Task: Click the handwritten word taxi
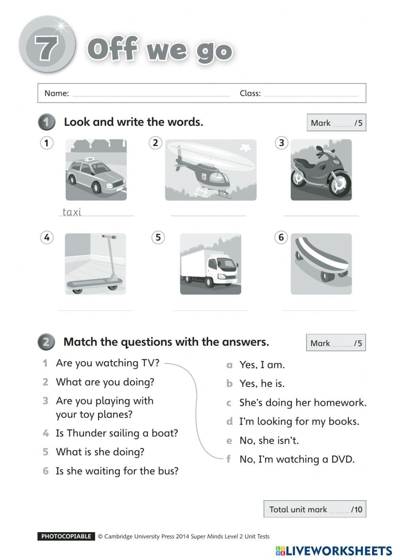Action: tap(72, 212)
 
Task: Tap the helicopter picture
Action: tap(210, 170)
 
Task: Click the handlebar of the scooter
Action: tap(109, 237)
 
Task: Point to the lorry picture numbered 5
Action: tap(210, 264)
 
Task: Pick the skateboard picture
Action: tap(321, 263)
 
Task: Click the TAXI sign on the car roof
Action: tap(90, 159)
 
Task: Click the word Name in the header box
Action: tap(56, 93)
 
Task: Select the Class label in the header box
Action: tap(250, 93)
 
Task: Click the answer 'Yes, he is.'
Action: tap(261, 383)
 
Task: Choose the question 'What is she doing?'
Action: tap(100, 452)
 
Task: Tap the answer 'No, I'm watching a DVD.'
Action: tap(297, 459)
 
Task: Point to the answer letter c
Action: tap(229, 403)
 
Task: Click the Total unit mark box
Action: tap(314, 509)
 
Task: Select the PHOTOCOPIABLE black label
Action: tap(66, 536)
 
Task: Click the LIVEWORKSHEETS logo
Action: tap(334, 551)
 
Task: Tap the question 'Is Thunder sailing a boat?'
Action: tap(117, 433)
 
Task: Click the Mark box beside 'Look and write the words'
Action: tap(336, 123)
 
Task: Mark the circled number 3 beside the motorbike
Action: tap(281, 143)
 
